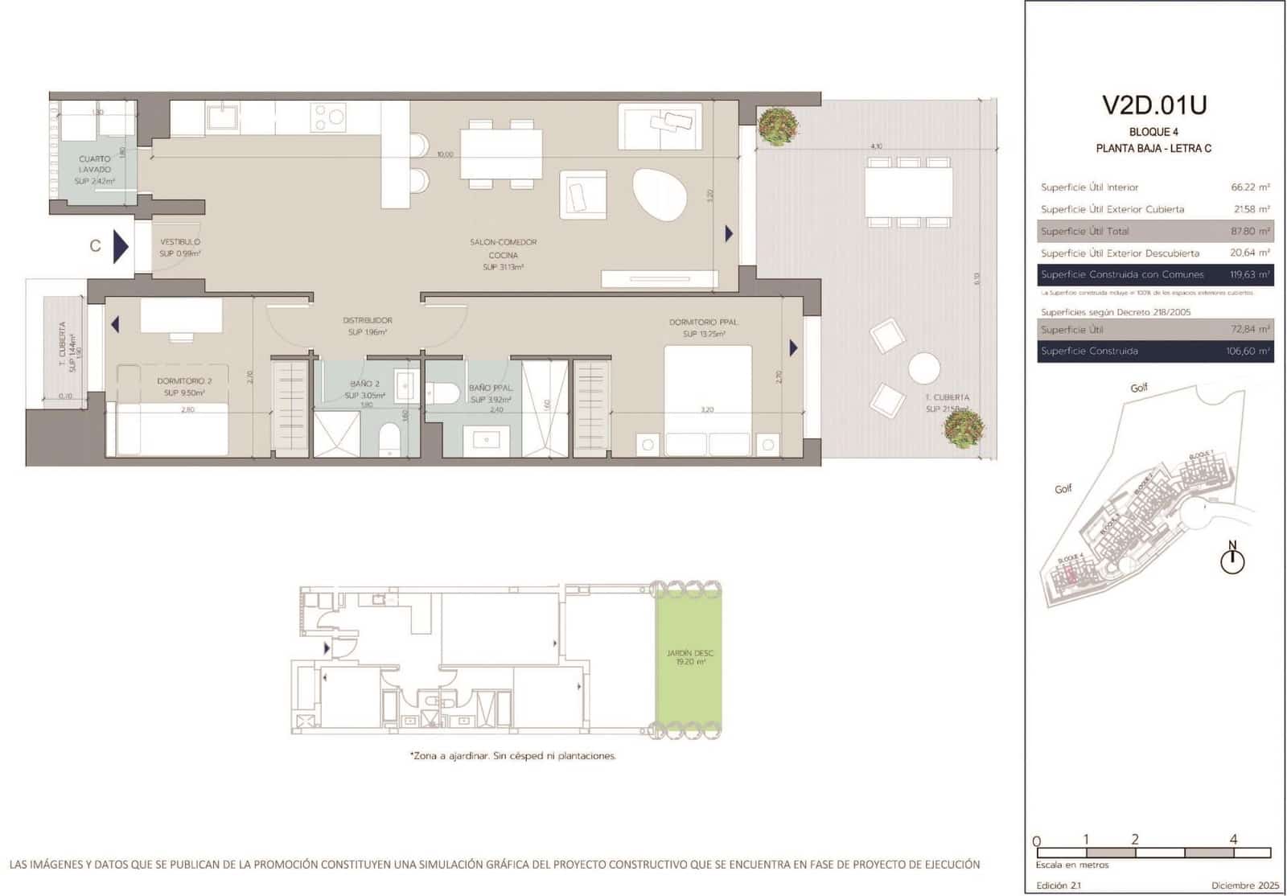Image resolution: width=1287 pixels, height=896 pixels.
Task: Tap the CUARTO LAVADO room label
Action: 95,165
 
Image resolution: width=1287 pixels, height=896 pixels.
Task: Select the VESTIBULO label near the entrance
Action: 180,242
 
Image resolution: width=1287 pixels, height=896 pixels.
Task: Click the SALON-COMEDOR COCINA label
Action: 504,249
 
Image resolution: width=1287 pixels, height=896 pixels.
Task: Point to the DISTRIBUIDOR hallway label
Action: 368,320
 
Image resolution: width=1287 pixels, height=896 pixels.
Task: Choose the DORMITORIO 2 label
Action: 184,381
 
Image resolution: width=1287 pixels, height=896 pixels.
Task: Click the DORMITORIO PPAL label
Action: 703,323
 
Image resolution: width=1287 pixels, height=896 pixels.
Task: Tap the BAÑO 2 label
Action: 364,384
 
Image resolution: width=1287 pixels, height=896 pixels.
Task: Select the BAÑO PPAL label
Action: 491,388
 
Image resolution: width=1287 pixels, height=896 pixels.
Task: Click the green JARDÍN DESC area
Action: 689,660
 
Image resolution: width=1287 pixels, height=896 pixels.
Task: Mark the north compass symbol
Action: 1232,558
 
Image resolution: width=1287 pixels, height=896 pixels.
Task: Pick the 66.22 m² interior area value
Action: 1250,187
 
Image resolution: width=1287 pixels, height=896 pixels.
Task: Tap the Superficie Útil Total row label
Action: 1084,232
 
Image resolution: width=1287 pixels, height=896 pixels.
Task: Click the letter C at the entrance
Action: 95,246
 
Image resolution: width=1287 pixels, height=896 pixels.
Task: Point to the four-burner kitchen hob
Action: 328,117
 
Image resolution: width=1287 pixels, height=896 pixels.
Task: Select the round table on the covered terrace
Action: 924,369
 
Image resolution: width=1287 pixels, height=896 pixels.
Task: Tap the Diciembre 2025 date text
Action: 1244,886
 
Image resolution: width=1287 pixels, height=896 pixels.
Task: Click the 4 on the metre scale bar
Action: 1233,839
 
